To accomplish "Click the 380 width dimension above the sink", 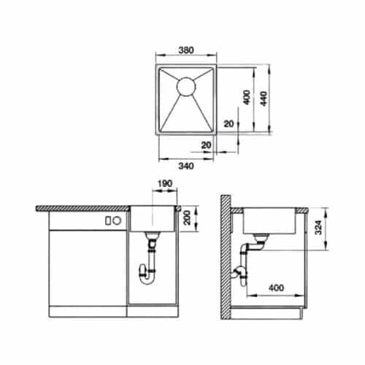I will (185, 52).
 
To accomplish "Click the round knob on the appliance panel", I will (107, 220).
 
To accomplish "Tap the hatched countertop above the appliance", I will (80, 208).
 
